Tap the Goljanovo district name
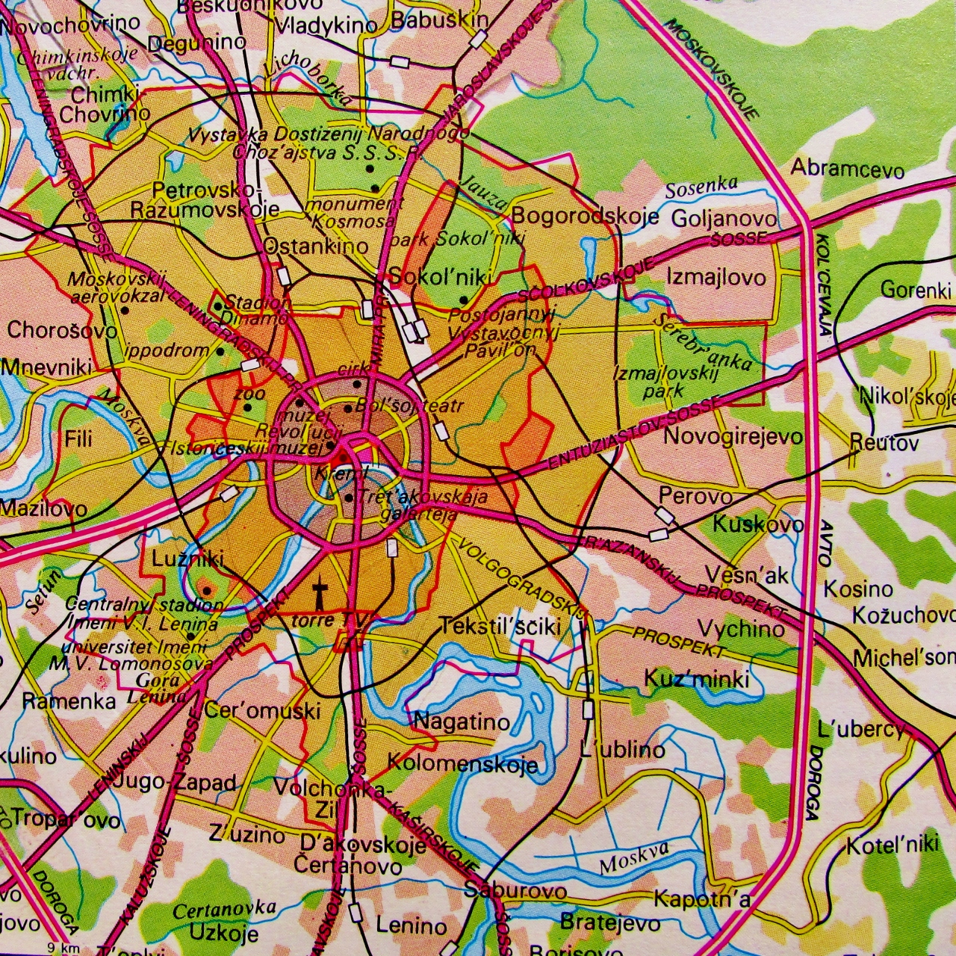pyautogui.click(x=722, y=219)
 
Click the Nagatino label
pyautogui.click(x=462, y=722)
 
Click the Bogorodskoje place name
pyautogui.click(x=585, y=217)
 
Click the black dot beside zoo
pyautogui.click(x=247, y=408)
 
